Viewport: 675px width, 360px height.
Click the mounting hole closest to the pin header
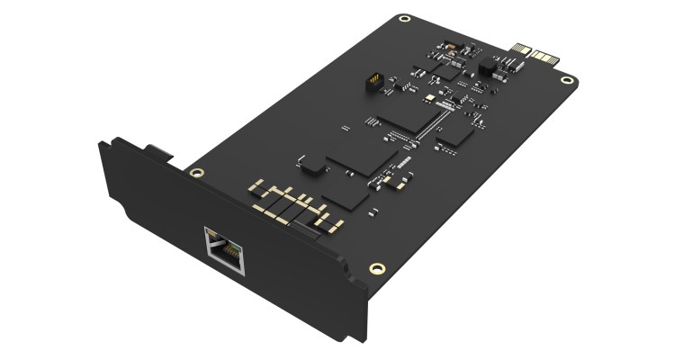coord(404,18)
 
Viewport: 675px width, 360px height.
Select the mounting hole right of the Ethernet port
coord(376,267)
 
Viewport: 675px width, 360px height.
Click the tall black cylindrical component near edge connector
coord(490,67)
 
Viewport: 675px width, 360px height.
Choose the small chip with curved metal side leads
coord(310,165)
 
